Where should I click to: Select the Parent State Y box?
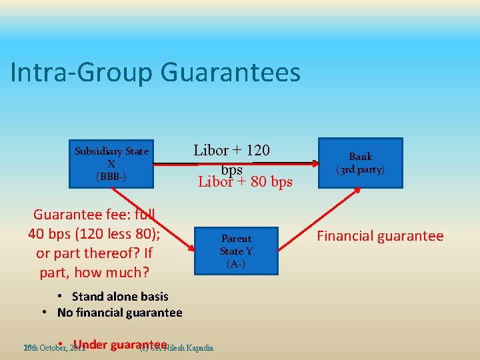(236, 251)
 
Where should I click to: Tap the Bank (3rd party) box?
(360, 163)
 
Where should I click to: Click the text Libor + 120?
(231, 150)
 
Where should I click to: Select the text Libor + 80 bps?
(245, 181)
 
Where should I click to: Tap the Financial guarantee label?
(380, 236)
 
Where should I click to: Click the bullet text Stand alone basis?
(120, 297)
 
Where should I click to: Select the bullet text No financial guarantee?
(119, 313)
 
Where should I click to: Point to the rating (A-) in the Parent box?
(236, 264)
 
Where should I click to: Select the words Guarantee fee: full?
(94, 215)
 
